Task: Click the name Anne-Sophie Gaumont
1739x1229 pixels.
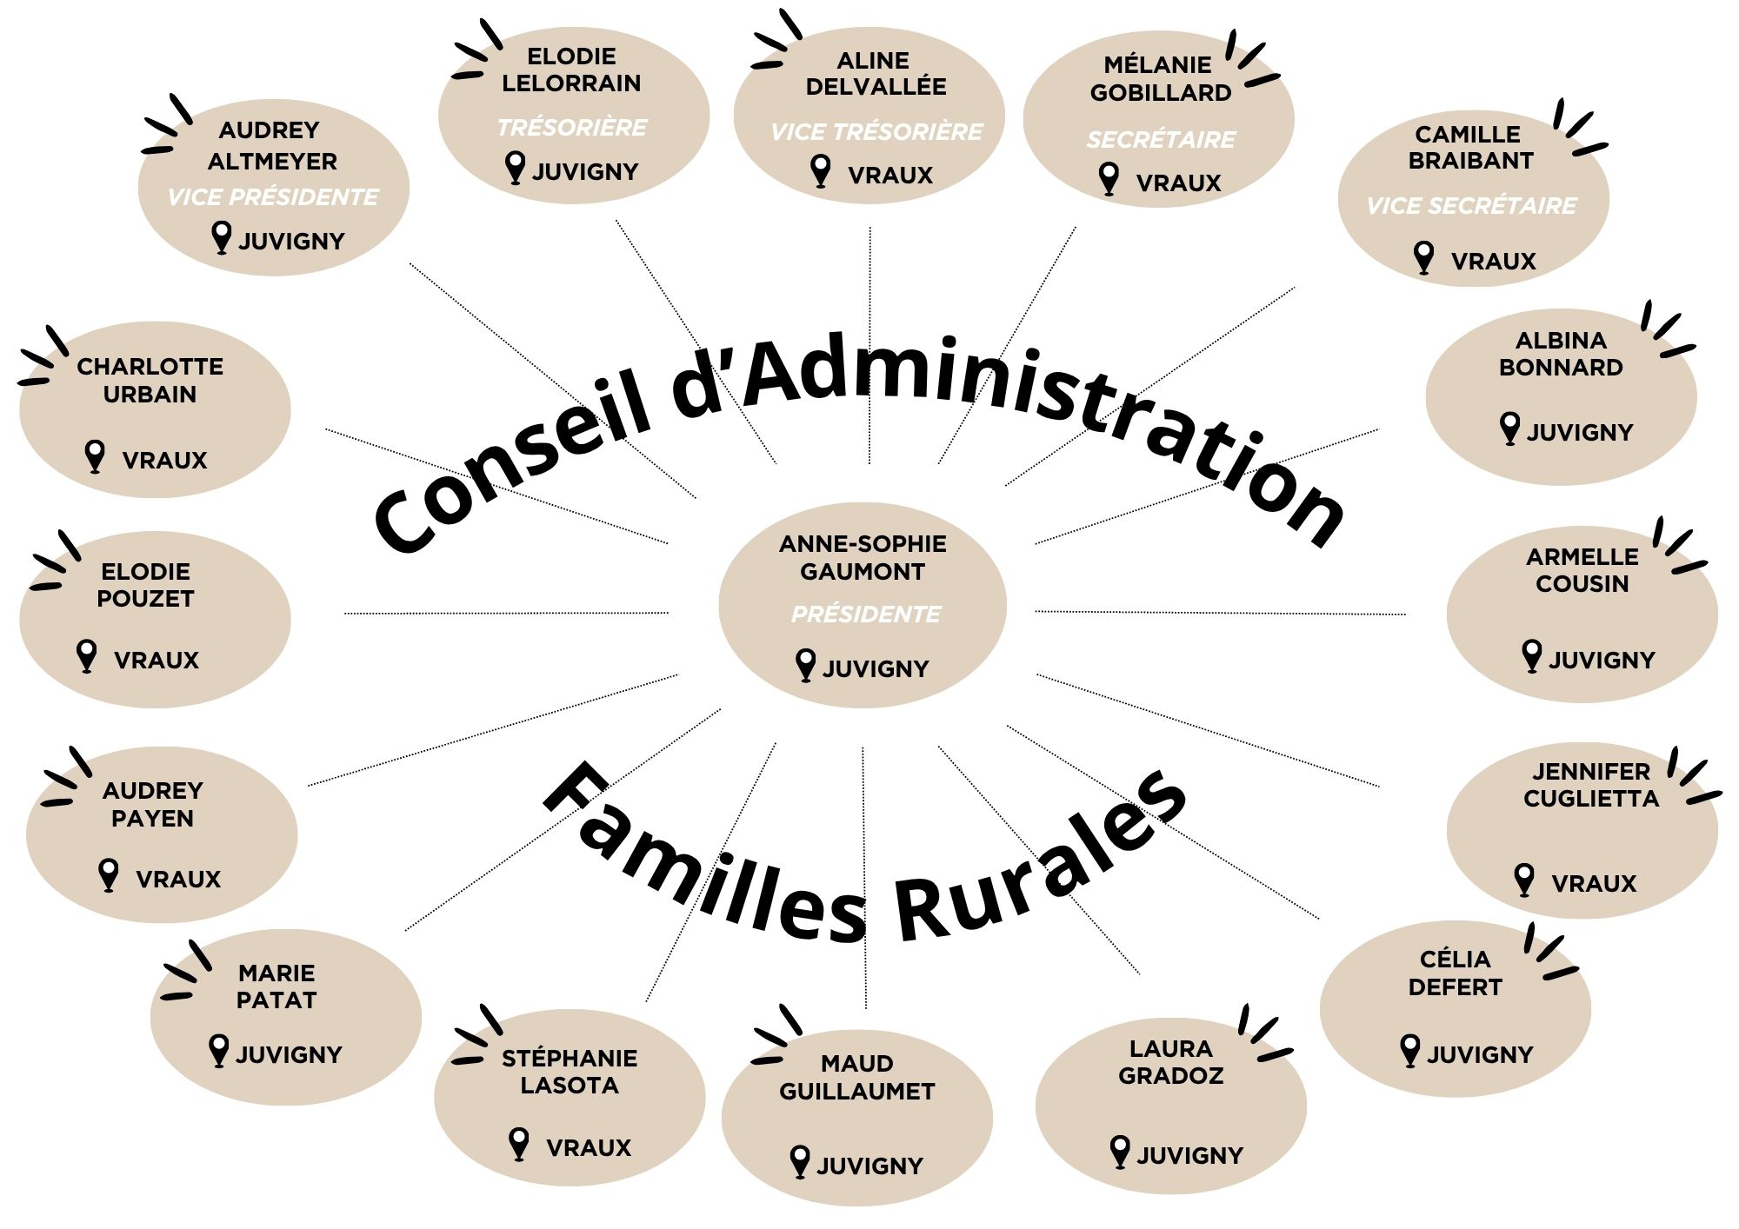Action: (863, 557)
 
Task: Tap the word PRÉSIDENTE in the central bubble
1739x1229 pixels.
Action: (866, 614)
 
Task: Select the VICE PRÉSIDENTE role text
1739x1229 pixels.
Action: (273, 197)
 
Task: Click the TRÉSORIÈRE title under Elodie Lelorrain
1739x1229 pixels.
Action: (572, 128)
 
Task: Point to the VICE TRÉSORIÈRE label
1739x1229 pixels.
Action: (876, 132)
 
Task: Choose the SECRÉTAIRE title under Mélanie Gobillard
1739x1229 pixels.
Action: (1161, 139)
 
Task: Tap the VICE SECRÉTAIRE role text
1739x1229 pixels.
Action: (1471, 206)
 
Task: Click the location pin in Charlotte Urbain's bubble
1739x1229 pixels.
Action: (95, 456)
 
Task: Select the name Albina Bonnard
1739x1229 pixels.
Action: (1561, 354)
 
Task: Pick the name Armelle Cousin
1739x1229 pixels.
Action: (1582, 570)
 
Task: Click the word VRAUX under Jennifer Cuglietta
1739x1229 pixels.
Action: (1594, 884)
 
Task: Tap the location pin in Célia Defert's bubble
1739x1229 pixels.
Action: (1410, 1051)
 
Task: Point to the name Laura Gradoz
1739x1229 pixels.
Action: (1170, 1062)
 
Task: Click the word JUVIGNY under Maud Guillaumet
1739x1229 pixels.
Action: (869, 1166)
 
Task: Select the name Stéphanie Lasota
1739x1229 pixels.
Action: (570, 1072)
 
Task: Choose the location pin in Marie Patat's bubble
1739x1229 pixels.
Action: (219, 1051)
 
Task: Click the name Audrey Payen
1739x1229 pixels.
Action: (153, 804)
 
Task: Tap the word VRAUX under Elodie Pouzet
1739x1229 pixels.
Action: (157, 661)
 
